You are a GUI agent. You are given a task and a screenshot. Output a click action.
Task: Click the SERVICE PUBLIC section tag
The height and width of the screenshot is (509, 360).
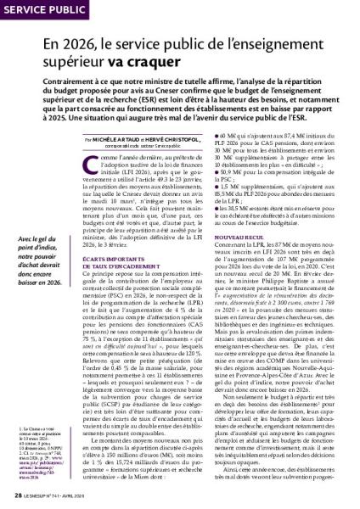click(x=43, y=10)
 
